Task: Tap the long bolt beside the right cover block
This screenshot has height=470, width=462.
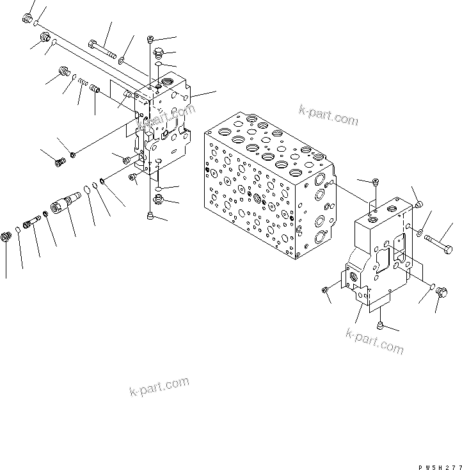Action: point(437,244)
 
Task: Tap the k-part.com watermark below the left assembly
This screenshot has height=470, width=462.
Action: point(159,385)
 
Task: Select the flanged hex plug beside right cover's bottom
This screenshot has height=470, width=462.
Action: point(441,293)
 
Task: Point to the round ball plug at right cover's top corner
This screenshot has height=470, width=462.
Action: point(417,204)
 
